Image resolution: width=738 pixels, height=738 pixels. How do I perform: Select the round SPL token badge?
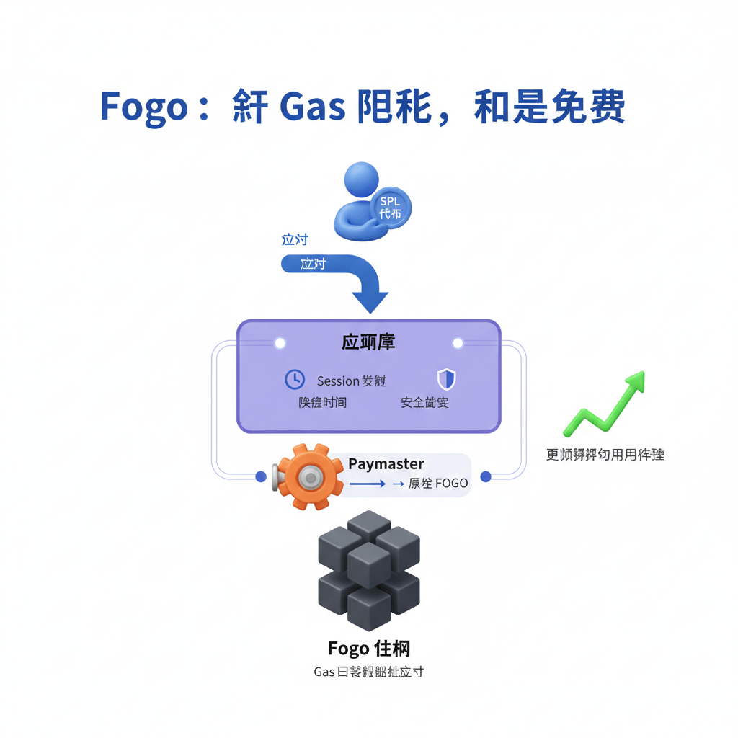[390, 207]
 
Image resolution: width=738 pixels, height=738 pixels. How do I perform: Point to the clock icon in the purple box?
[295, 379]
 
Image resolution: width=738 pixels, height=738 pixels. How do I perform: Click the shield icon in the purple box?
[447, 379]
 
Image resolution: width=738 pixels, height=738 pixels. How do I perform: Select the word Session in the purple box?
[337, 381]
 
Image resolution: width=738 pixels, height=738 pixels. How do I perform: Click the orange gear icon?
[309, 476]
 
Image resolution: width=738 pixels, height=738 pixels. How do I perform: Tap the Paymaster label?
[386, 464]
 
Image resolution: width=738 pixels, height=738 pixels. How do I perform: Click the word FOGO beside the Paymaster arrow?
[451, 484]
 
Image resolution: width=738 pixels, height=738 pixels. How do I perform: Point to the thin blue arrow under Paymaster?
[368, 484]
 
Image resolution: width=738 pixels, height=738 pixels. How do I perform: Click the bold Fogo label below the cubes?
[348, 649]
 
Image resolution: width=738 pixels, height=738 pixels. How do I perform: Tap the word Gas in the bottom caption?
[324, 672]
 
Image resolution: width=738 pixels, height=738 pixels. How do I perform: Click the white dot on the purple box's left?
[280, 343]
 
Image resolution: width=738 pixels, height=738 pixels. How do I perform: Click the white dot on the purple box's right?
[457, 343]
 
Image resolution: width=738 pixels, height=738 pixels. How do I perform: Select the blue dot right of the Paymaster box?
[486, 476]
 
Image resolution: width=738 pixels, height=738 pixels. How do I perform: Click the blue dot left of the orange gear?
[261, 476]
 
